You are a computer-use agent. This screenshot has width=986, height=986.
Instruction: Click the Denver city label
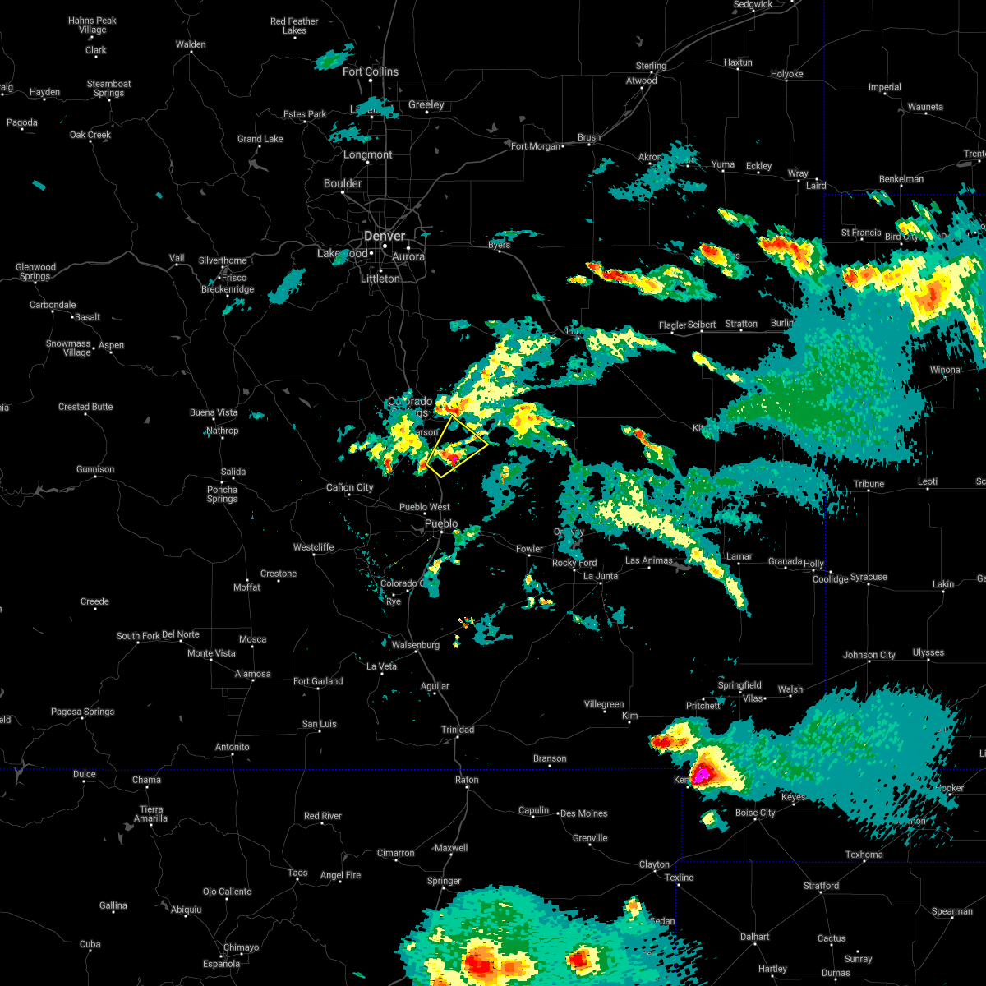(x=385, y=236)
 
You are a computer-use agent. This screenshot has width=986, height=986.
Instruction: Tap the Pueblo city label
(x=441, y=523)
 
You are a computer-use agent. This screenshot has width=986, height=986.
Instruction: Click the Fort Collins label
(x=371, y=71)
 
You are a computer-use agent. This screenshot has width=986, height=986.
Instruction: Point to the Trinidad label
(x=458, y=730)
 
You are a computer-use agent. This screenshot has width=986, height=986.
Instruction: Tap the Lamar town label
(x=739, y=556)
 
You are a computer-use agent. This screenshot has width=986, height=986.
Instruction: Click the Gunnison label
(x=95, y=469)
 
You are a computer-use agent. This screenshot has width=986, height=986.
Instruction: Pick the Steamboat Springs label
(x=109, y=88)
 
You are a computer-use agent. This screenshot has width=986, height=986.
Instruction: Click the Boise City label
(x=755, y=813)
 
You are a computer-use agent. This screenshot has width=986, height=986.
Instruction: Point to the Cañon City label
(x=350, y=487)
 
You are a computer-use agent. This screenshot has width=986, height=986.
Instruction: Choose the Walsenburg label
(x=416, y=645)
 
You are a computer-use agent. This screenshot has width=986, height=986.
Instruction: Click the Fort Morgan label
(x=536, y=146)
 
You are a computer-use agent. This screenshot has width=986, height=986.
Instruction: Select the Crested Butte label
(x=85, y=407)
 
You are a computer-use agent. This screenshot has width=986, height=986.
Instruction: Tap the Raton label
(x=468, y=780)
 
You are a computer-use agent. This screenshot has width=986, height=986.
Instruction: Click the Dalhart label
(x=754, y=937)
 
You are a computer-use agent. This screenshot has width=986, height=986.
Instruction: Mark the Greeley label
(x=426, y=104)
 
